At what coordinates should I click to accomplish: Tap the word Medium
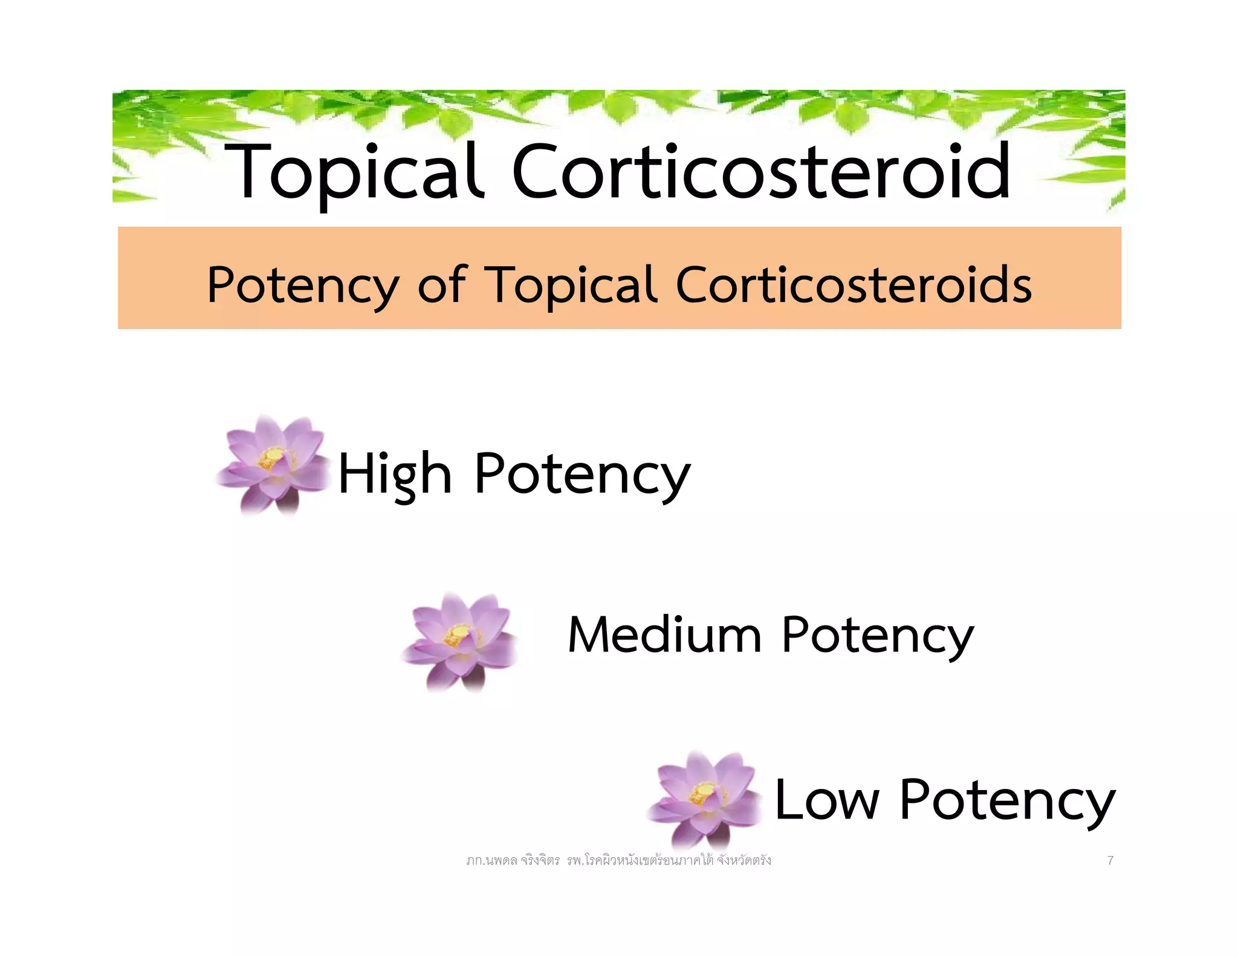click(x=664, y=635)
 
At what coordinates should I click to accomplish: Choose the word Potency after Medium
click(x=877, y=635)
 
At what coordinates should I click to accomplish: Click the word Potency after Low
click(x=1006, y=800)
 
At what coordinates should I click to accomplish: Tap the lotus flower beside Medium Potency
click(x=459, y=641)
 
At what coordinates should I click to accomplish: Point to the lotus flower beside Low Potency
click(x=704, y=799)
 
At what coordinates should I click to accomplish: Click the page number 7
click(x=1110, y=860)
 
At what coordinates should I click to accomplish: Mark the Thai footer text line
click(x=618, y=860)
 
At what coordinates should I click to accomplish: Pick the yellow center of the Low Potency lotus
click(x=703, y=792)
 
